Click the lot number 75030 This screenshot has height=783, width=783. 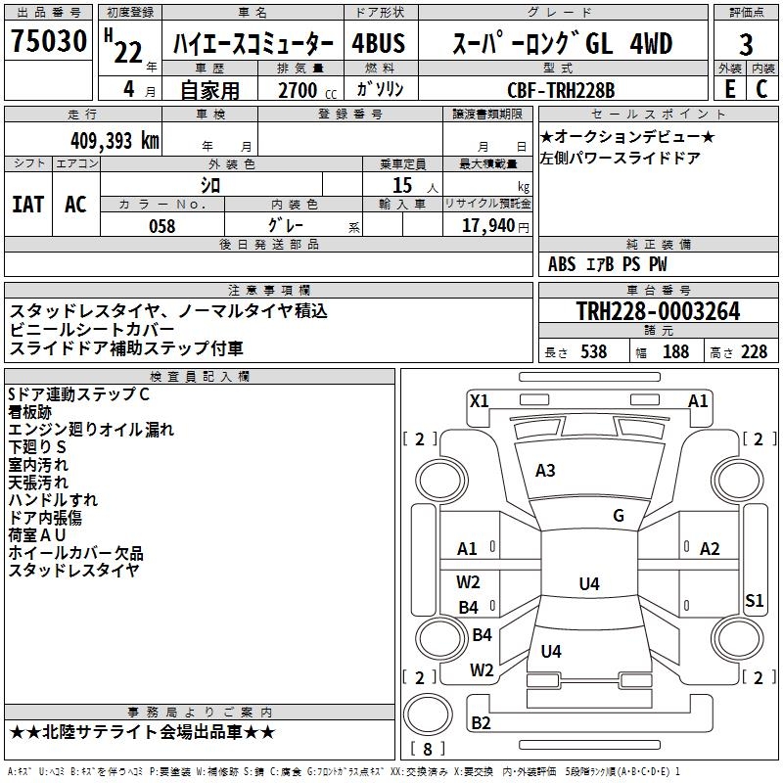pyautogui.click(x=49, y=40)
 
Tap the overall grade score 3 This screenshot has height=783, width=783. pyautogui.click(x=746, y=44)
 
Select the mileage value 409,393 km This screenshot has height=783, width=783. pyautogui.click(x=115, y=141)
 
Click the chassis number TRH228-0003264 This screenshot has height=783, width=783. pyautogui.click(x=658, y=311)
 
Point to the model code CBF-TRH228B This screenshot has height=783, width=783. pyautogui.click(x=561, y=90)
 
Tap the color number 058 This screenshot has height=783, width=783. pyautogui.click(x=161, y=226)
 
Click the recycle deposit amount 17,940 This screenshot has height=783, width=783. pyautogui.click(x=488, y=225)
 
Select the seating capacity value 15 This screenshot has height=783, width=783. pyautogui.click(x=402, y=185)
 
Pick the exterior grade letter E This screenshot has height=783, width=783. pyautogui.click(x=729, y=89)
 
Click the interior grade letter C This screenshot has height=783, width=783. pyautogui.click(x=761, y=89)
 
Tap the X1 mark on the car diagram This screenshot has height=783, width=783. pyautogui.click(x=479, y=401)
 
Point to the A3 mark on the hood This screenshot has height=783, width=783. pyautogui.click(x=545, y=471)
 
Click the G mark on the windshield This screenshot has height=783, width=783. pyautogui.click(x=619, y=516)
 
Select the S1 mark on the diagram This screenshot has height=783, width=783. pyautogui.click(x=754, y=600)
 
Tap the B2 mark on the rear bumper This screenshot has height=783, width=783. pyautogui.click(x=481, y=722)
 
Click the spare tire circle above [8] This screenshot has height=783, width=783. pyautogui.click(x=428, y=714)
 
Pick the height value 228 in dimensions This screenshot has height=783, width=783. pyautogui.click(x=754, y=352)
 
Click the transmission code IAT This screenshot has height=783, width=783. pyautogui.click(x=27, y=205)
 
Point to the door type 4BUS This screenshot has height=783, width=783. pyautogui.click(x=379, y=43)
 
